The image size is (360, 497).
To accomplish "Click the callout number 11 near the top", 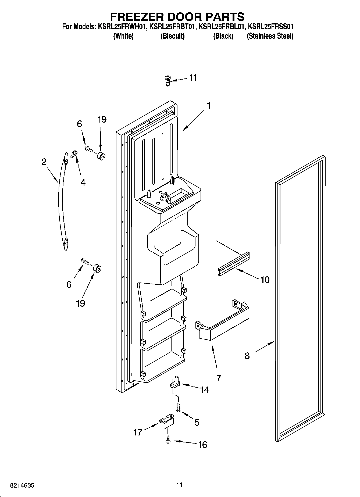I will [193, 78].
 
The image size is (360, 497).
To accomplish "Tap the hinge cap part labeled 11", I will [168, 80].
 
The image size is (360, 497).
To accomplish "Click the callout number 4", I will [83, 183].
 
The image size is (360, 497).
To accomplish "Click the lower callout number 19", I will [80, 303].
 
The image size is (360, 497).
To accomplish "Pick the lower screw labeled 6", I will [84, 261].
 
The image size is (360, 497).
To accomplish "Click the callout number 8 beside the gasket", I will [247, 356].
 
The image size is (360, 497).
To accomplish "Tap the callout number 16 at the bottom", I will [203, 445].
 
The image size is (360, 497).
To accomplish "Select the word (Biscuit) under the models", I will [172, 36].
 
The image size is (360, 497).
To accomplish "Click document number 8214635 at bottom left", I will [22, 486].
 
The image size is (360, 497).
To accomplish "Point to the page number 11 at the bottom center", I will [180, 485].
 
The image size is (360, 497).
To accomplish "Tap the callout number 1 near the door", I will [208, 105].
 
